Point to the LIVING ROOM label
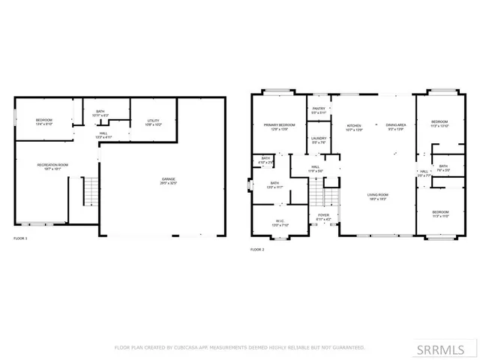point(377,196)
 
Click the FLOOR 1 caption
point(21,238)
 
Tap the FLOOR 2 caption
point(258,250)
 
